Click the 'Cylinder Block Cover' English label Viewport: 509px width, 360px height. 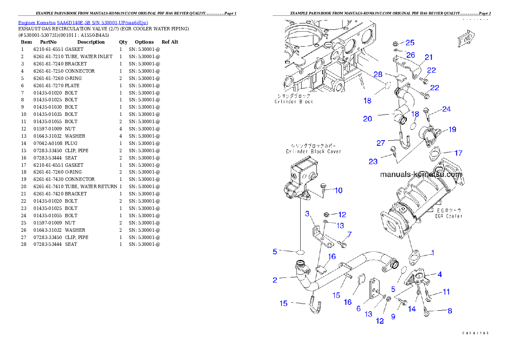(314, 151)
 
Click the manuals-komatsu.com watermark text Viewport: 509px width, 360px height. (421, 174)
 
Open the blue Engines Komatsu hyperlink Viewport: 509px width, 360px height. (83, 23)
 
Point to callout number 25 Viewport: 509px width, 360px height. (410, 43)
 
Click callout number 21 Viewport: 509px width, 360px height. (429, 57)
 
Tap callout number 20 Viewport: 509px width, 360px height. (367, 119)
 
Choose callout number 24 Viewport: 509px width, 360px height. (446, 109)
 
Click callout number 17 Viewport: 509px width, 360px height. (458, 153)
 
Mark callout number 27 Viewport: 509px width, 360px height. (381, 143)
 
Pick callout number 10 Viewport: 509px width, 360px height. (338, 190)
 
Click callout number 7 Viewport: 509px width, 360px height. (349, 234)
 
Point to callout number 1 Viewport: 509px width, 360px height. (432, 253)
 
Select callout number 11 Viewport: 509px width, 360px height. (446, 292)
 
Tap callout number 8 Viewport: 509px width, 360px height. (450, 311)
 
